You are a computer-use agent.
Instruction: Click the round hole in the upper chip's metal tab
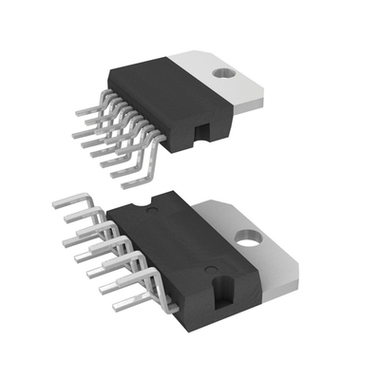pos(225,71)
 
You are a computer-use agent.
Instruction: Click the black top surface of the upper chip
pos(161,90)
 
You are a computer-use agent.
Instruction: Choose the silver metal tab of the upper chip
pos(228,81)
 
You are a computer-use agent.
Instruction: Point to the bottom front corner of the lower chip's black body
pos(220,328)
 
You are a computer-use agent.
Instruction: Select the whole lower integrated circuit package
pos(190,261)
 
